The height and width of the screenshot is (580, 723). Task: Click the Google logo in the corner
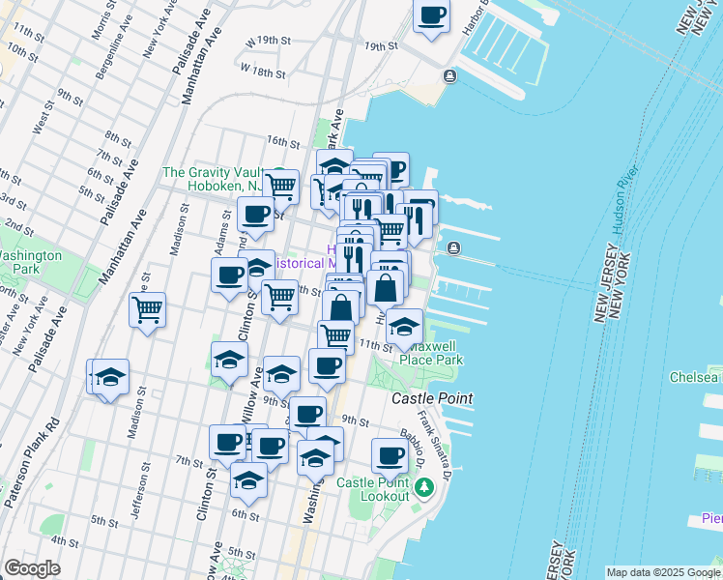[x=32, y=568]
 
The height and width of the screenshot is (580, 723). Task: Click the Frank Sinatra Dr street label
[x=444, y=444]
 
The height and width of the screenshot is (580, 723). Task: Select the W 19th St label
[x=268, y=42]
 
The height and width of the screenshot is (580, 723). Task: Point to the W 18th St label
[x=263, y=72]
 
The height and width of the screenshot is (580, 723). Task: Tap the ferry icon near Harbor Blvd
[x=450, y=75]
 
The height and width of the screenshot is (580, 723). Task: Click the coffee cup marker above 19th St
[x=431, y=15]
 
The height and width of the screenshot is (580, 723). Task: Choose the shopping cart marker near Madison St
[x=147, y=310]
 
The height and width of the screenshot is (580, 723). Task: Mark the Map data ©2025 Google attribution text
[x=663, y=572]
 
